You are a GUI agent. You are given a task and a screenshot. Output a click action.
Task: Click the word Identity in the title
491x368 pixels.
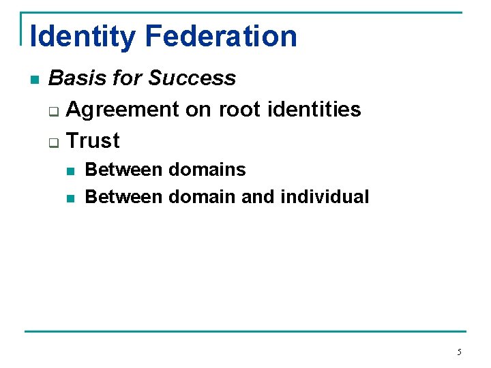tap(82, 36)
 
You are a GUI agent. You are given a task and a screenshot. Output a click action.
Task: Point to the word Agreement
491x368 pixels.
tap(123, 109)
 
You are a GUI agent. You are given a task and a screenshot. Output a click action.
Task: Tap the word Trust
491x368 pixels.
tap(93, 140)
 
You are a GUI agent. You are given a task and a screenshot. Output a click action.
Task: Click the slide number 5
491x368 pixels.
tap(459, 352)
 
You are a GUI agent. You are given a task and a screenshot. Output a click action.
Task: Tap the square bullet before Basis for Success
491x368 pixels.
tap(35, 80)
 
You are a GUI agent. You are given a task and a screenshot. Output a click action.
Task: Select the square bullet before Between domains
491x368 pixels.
tap(71, 170)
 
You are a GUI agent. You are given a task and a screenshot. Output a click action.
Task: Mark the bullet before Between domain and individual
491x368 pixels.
tap(71, 198)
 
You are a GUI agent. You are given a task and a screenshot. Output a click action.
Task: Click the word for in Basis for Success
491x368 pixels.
tap(128, 78)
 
